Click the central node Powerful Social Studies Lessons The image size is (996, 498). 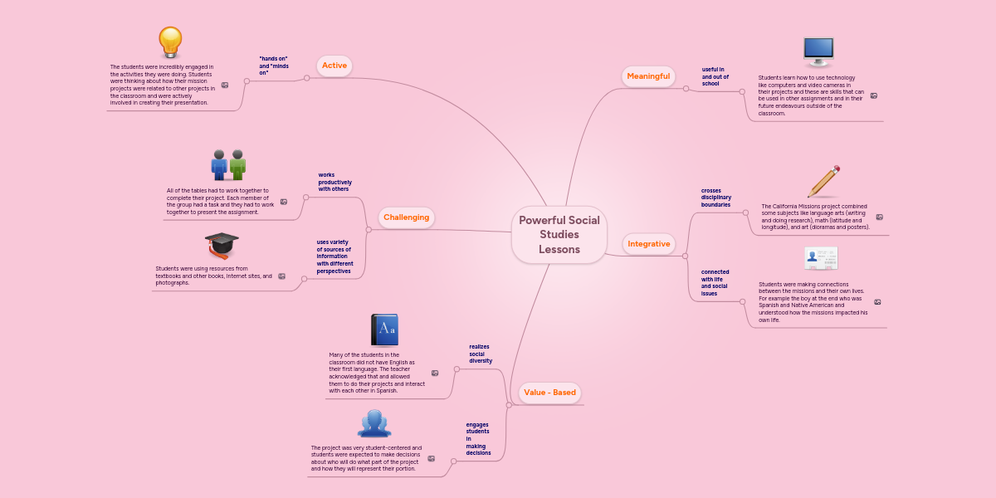559,234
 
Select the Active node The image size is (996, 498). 334,66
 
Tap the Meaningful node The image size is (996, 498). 648,76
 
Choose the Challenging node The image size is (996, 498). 406,217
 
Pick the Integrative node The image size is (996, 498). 648,244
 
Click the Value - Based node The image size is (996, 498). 549,392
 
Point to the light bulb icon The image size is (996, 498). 170,42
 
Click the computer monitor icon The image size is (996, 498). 818,51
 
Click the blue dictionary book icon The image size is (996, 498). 385,330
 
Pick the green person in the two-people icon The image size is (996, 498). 238,164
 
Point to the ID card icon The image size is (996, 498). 821,258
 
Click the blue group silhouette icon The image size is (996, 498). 374,423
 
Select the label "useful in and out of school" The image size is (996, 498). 715,76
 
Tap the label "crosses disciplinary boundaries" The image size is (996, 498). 715,197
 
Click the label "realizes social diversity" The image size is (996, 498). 481,354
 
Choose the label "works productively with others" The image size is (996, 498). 334,182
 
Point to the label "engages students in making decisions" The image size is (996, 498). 478,438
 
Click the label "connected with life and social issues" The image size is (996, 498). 715,282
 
